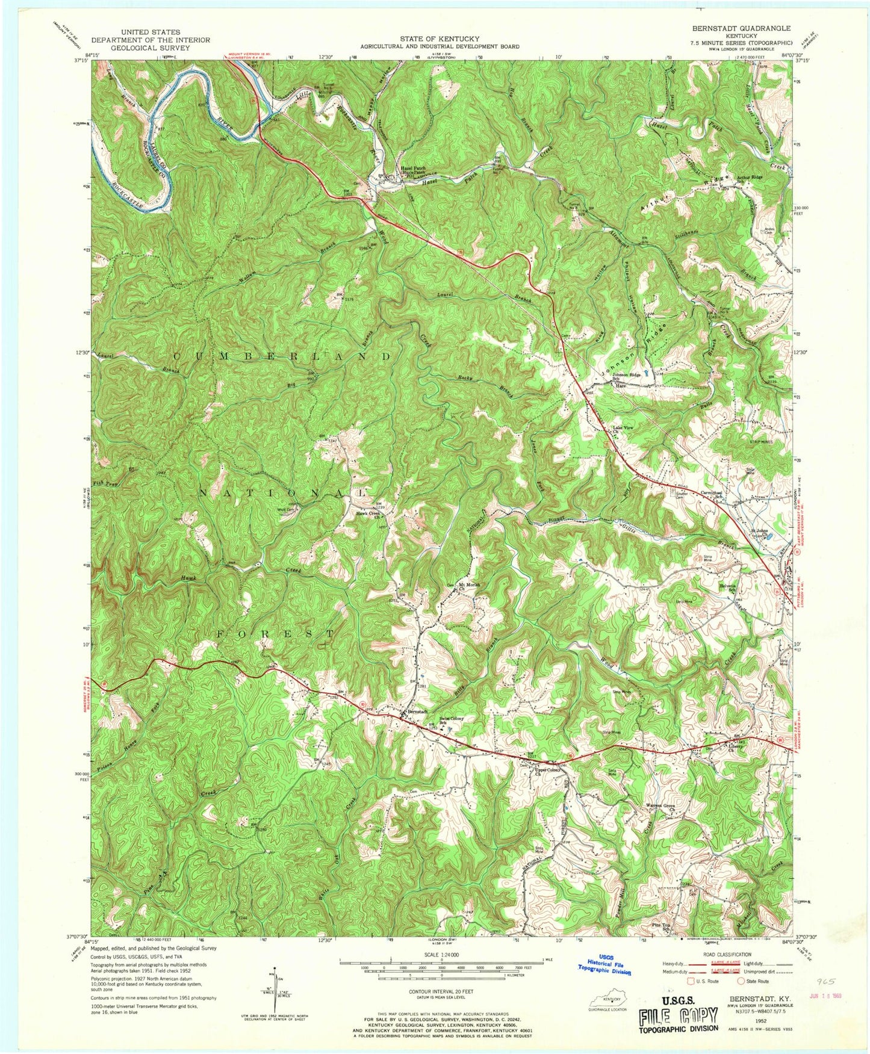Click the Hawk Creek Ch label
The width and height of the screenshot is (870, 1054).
click(x=370, y=515)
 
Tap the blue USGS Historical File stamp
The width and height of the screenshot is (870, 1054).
click(x=603, y=967)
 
